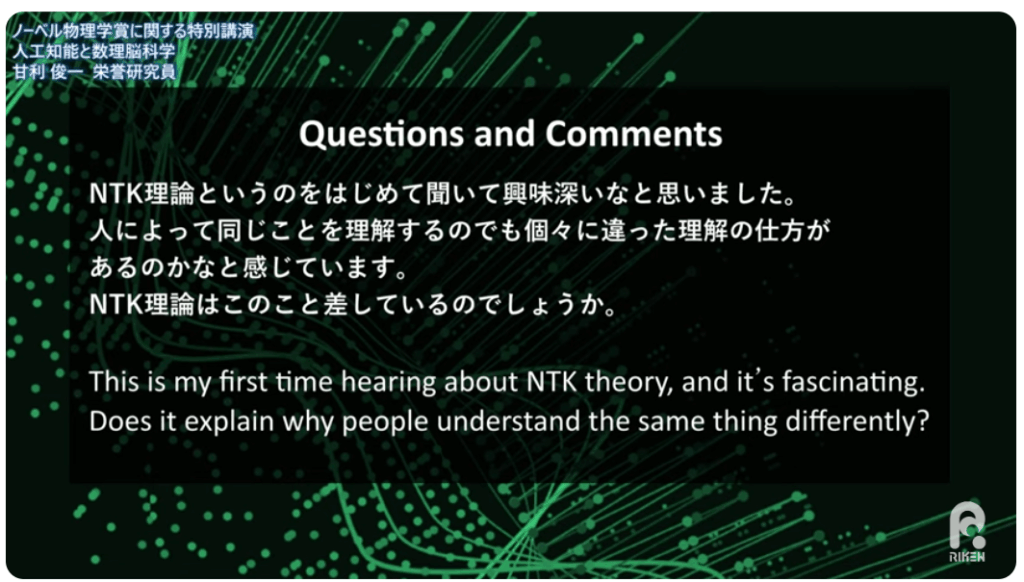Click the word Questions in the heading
pos(381,134)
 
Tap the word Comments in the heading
pos(633,133)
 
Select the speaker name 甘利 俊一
pos(49,71)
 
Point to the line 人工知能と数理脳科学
pos(94,51)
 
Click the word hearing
pos(388,382)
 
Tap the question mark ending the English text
pos(922,421)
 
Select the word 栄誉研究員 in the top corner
pos(135,71)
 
